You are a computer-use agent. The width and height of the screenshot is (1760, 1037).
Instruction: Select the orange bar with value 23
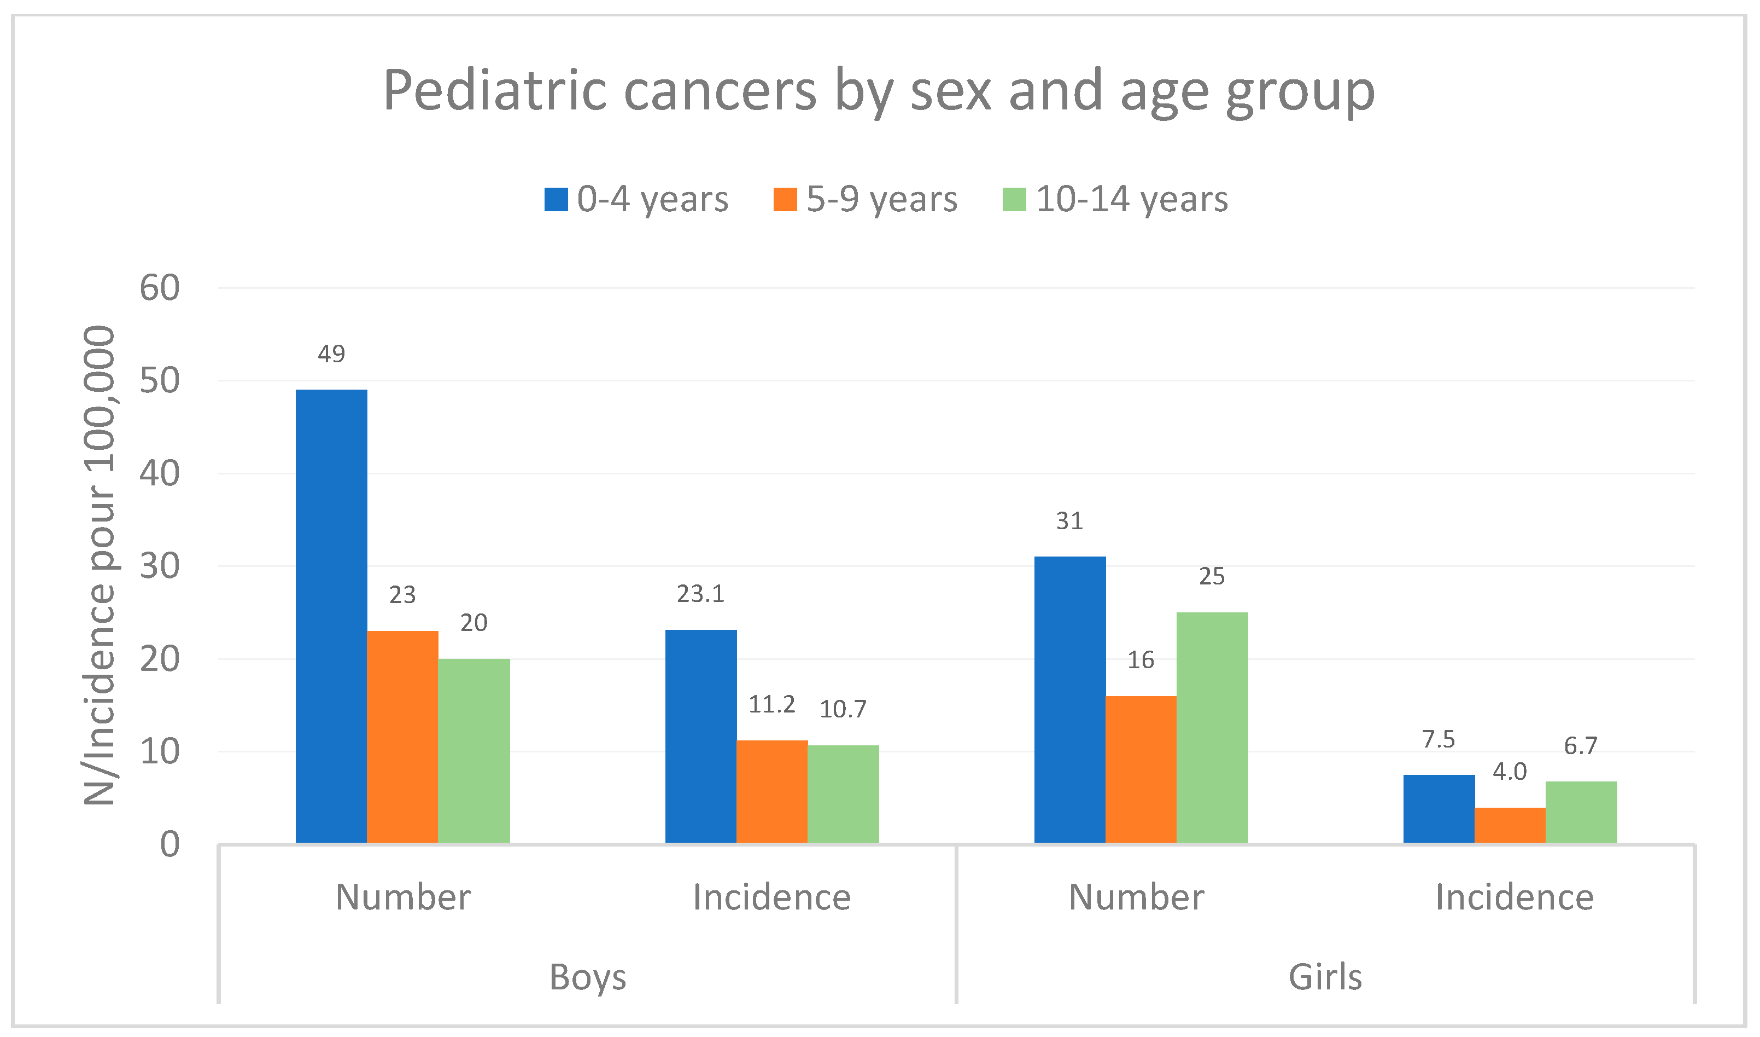[x=402, y=737]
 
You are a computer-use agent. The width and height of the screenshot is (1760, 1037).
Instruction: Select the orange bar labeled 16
[x=1141, y=769]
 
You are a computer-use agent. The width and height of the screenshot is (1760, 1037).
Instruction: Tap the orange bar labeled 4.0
[x=1510, y=825]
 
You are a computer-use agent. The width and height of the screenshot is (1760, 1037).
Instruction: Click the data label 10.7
[x=843, y=709]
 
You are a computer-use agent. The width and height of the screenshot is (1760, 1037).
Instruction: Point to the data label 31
[x=1069, y=520]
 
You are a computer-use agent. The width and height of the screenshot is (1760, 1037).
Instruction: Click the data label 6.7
[x=1581, y=746]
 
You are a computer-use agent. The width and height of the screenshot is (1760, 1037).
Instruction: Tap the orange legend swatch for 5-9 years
[x=785, y=199]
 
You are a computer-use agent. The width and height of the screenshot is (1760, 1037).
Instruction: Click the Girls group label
[x=1325, y=976]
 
